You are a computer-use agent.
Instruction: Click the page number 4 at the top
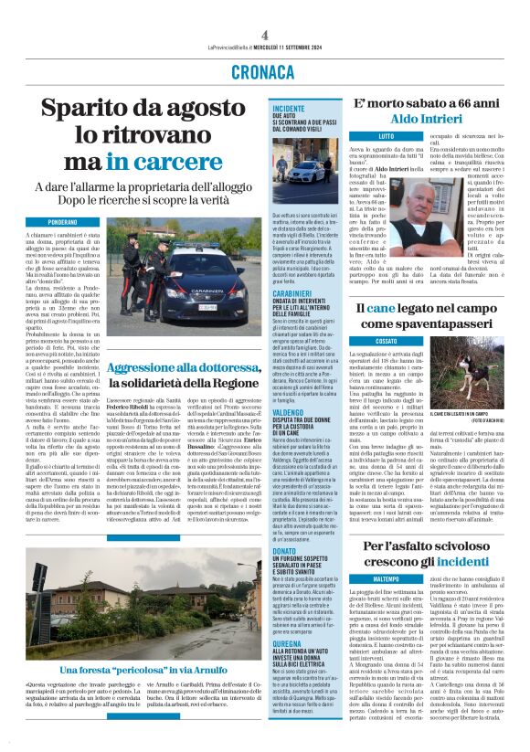pos(265,34)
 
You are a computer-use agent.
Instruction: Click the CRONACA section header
pos(264,70)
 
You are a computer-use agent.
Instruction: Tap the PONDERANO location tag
pos(63,222)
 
